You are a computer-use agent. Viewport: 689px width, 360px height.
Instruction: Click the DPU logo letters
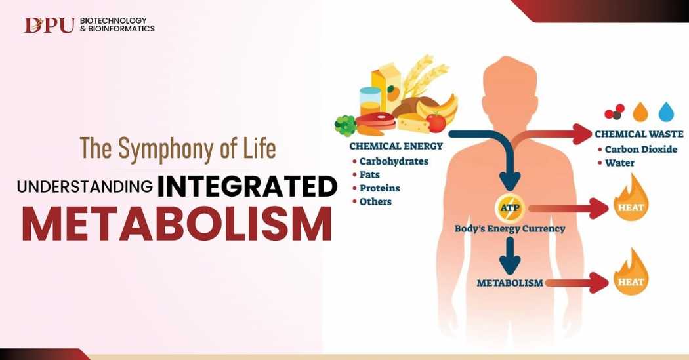[49, 25]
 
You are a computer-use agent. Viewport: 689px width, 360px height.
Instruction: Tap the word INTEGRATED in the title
[247, 187]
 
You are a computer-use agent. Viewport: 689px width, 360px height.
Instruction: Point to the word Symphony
[167, 148]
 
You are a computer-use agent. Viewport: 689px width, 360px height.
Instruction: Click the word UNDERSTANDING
[85, 187]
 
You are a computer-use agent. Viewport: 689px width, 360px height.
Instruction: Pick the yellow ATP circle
[510, 208]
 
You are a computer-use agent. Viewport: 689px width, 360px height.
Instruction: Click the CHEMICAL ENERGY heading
[396, 146]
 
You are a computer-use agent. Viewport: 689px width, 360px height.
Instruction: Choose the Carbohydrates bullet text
[394, 161]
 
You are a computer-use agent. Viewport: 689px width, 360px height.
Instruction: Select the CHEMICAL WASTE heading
[639, 134]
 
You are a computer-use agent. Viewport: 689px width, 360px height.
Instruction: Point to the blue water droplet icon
[666, 111]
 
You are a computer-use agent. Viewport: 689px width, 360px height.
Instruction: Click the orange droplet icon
[640, 111]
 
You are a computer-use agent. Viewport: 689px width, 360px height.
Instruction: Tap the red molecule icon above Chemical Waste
[614, 111]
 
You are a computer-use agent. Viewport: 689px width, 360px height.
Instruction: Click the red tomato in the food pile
[436, 123]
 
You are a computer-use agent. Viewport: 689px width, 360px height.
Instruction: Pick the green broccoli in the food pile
[346, 125]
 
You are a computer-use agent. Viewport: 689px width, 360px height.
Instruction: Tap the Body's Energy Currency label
[510, 229]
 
